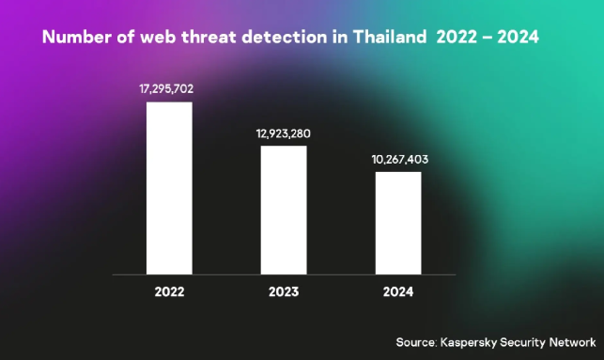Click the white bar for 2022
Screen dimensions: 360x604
coord(169,188)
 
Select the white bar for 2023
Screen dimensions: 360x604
coord(284,210)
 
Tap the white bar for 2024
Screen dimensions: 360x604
coord(398,223)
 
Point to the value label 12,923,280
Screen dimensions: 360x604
coord(284,133)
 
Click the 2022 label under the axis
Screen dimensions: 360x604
coord(169,291)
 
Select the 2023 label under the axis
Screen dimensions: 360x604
coord(284,291)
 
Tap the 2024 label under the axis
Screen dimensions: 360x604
coord(398,291)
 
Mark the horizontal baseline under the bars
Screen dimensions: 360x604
coord(284,274)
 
